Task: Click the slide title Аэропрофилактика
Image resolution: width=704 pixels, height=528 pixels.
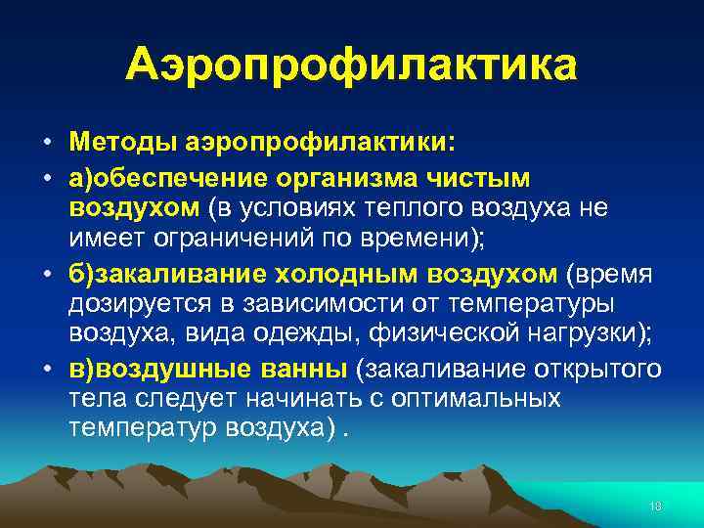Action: (x=352, y=66)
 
